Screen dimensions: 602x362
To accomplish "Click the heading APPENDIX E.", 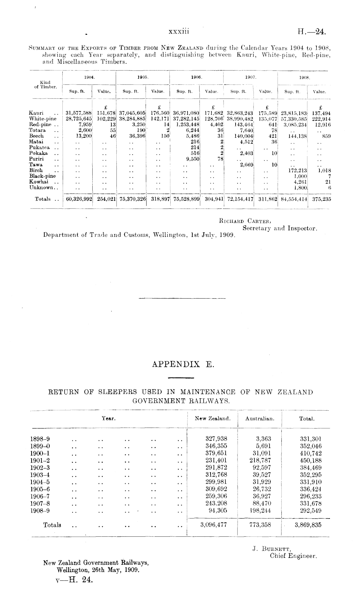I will point(183,365).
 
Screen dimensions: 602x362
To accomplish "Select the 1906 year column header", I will point(197,78).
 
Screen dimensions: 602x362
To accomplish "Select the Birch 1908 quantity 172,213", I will point(298,171).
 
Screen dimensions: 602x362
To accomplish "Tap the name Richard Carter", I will point(245,222).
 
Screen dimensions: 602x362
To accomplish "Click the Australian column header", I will point(260,419).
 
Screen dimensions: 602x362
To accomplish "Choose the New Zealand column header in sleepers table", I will point(213,418).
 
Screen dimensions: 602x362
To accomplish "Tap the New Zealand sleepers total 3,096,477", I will point(213,524).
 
